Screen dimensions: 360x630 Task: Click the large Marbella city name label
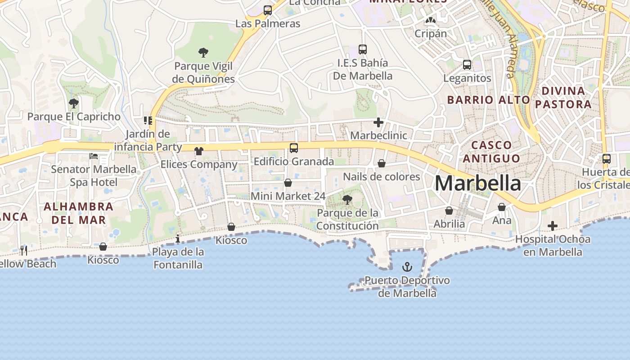click(478, 184)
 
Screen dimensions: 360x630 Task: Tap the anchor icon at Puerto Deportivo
click(407, 267)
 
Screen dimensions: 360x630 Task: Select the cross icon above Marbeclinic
click(378, 122)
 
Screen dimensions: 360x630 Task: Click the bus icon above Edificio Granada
click(294, 148)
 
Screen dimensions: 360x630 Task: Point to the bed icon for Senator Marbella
click(94, 156)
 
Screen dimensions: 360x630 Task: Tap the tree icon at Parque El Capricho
click(73, 103)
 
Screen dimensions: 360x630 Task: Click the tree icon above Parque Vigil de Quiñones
click(203, 53)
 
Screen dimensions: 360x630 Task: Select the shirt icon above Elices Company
click(199, 151)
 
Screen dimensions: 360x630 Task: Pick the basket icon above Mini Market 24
click(288, 183)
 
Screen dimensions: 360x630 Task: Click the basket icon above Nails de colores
click(382, 163)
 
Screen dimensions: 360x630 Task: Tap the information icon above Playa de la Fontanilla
click(178, 238)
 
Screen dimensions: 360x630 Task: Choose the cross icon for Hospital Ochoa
click(553, 226)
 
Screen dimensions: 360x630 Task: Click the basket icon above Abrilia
click(449, 210)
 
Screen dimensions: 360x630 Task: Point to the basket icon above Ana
click(502, 207)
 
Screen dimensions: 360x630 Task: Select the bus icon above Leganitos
click(467, 65)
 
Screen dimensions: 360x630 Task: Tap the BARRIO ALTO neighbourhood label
click(489, 100)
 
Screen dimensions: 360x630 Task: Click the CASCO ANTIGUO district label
click(491, 152)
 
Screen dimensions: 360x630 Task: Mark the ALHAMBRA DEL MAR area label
click(78, 213)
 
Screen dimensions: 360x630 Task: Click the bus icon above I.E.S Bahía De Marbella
click(363, 49)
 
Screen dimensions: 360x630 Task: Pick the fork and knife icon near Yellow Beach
click(24, 250)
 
